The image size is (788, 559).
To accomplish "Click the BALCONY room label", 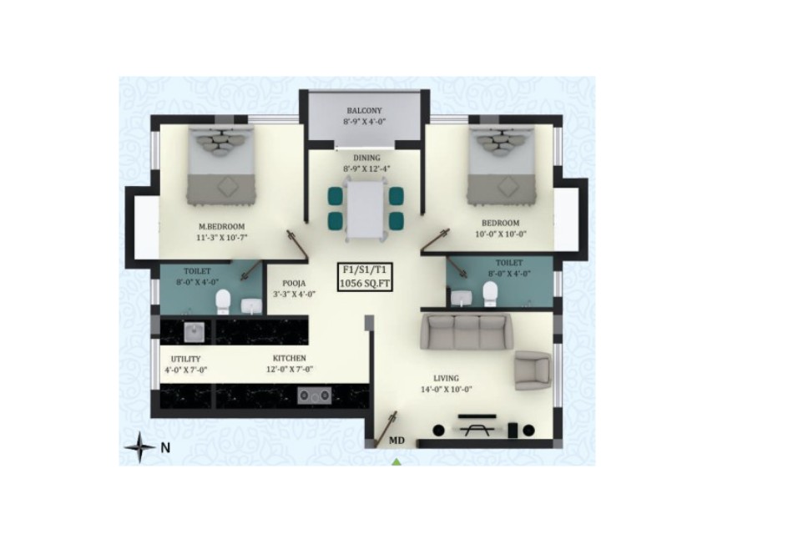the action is click(364, 110).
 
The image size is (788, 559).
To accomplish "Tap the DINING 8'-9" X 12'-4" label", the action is click(366, 164).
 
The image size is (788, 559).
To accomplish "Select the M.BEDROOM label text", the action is click(222, 226).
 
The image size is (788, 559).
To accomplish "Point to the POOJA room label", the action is click(294, 284).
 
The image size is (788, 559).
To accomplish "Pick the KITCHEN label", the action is click(290, 358).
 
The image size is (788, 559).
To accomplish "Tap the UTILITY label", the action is click(185, 359).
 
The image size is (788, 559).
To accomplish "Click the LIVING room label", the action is click(447, 378).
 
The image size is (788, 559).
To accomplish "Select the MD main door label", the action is click(397, 441).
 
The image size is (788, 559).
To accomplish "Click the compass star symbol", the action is click(139, 446).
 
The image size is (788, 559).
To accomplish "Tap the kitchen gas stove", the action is click(314, 395).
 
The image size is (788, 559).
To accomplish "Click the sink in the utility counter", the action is click(194, 332).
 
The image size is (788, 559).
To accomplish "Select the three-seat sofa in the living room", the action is click(466, 331).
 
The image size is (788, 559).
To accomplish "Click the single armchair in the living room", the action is click(533, 370).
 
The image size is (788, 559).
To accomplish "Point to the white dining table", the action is click(366, 209).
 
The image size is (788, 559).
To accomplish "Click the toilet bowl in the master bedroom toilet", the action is click(223, 302).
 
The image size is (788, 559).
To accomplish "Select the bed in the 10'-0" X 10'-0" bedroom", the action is click(501, 165).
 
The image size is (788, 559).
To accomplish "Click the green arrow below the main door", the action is click(397, 462).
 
